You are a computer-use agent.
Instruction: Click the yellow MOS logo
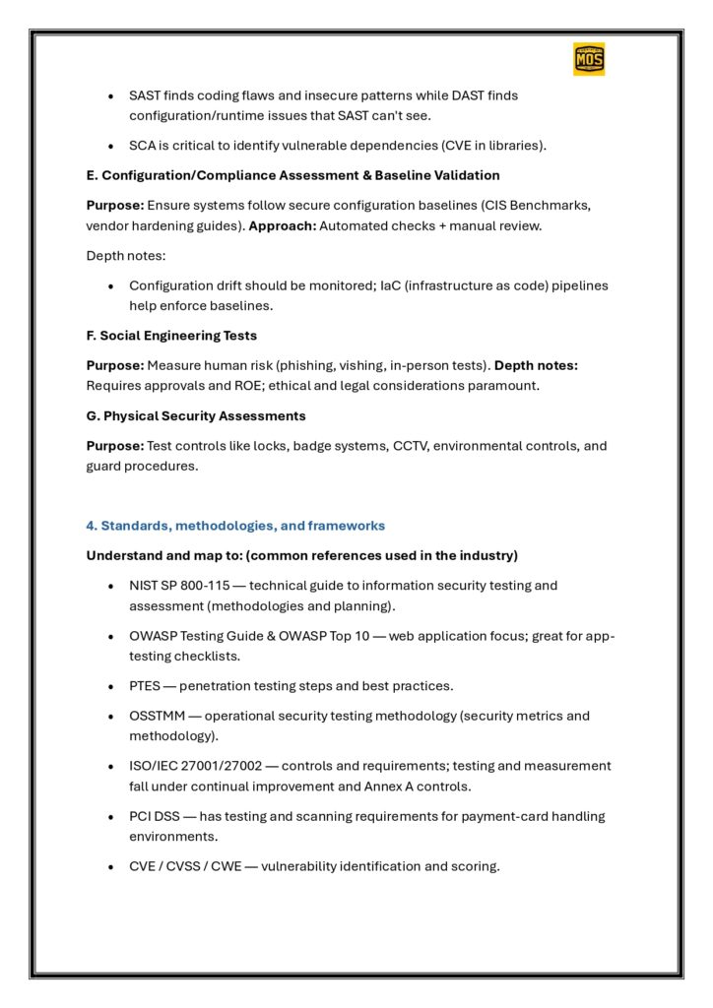point(589,59)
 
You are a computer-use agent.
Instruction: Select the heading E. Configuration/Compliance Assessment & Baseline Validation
point(292,175)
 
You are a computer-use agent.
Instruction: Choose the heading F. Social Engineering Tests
point(171,336)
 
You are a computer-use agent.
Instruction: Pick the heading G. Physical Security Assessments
point(196,415)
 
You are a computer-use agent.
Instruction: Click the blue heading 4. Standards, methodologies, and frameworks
point(235,526)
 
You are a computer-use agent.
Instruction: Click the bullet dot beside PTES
point(111,686)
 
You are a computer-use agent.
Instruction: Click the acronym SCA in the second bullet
point(144,146)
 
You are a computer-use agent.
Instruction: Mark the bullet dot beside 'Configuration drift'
point(111,285)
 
